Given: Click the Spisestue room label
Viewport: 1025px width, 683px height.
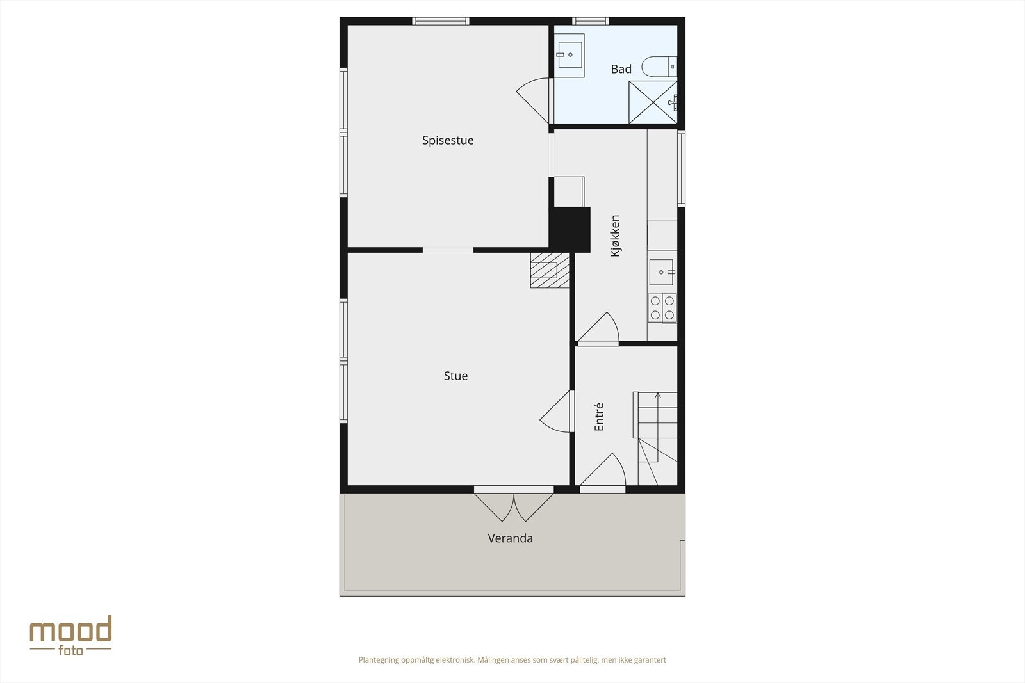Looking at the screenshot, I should (x=448, y=141).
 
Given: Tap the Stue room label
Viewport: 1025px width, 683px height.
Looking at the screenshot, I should (x=455, y=376).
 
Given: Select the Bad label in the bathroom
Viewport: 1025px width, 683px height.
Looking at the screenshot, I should (x=621, y=69).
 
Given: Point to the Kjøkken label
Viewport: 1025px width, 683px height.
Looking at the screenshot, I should (x=615, y=236).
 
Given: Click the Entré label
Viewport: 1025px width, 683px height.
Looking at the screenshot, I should (x=599, y=416).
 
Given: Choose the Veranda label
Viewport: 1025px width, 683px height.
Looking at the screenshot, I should (x=510, y=538).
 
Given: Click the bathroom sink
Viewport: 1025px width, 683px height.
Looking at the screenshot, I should (x=569, y=55).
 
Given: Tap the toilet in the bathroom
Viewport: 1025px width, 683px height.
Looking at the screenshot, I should (x=659, y=66).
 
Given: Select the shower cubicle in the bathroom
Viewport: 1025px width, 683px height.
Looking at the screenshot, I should (x=653, y=102).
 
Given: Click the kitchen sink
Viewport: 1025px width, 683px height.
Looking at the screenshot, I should (x=662, y=272).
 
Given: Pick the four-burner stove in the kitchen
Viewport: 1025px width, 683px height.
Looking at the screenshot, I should (x=662, y=307).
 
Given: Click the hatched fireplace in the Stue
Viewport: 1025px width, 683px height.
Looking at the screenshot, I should (x=550, y=269).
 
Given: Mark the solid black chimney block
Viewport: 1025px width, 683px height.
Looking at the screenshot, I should (x=570, y=229).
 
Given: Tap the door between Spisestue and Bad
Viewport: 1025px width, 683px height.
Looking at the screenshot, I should (x=535, y=99).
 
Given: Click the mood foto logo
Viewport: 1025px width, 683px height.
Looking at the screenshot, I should (x=70, y=635).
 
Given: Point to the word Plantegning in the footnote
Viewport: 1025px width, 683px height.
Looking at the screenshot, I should (x=379, y=660).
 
